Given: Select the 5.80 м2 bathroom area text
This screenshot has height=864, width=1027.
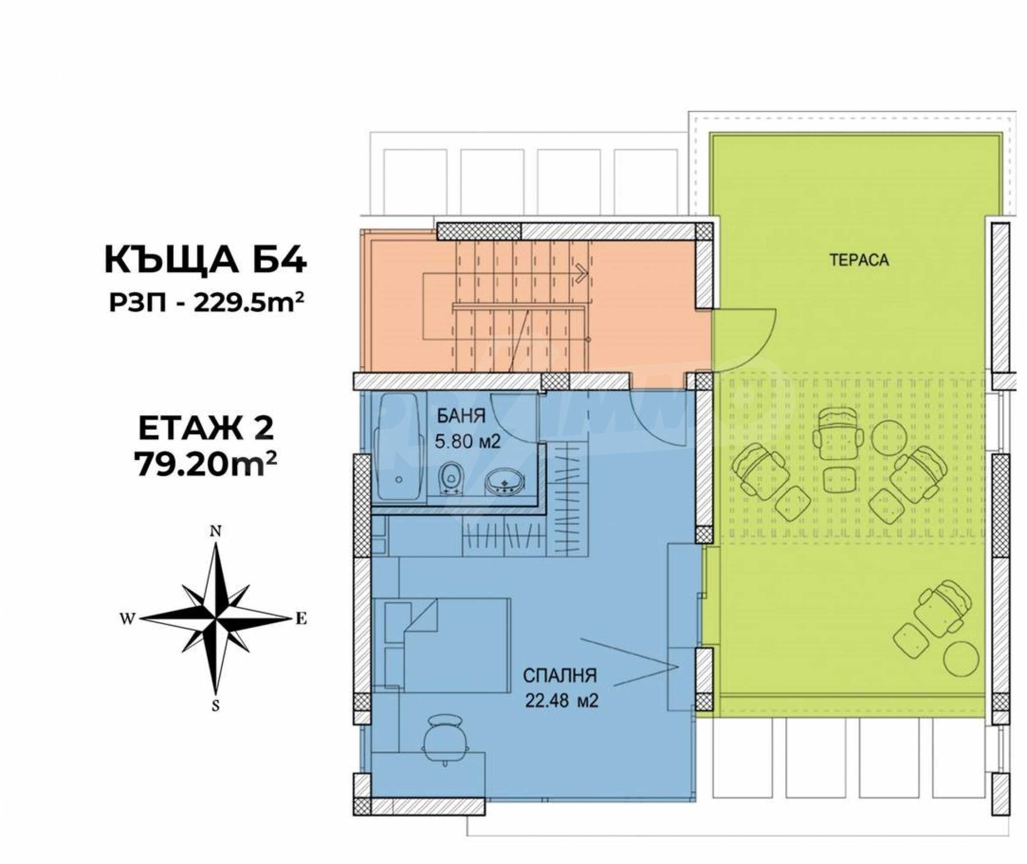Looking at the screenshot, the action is click(467, 442).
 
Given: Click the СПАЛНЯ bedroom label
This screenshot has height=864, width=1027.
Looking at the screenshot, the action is click(560, 676).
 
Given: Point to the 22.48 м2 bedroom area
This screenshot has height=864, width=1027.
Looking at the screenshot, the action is click(562, 701).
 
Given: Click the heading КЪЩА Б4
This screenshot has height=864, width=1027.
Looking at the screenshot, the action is click(205, 260).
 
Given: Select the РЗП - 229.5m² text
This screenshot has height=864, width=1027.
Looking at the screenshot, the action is click(206, 304).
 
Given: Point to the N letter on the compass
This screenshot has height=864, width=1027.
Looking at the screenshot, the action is click(215, 532).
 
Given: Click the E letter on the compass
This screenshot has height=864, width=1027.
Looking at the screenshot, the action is click(301, 620).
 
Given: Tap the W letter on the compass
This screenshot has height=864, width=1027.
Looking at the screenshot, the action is click(127, 620).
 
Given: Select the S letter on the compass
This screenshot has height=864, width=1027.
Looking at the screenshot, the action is click(215, 706).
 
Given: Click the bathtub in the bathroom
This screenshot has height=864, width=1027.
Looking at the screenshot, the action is click(398, 447).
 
